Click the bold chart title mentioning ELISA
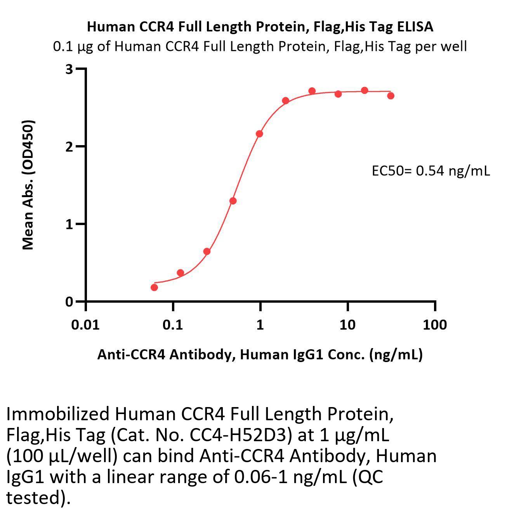[x=260, y=26]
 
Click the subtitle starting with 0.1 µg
[x=260, y=47]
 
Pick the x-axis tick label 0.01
[x=85, y=324]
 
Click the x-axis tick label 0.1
[x=173, y=324]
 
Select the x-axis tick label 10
[x=347, y=324]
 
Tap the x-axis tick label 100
[x=434, y=324]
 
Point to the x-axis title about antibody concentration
[x=260, y=354]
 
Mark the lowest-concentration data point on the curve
[x=154, y=287]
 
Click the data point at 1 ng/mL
[x=259, y=134]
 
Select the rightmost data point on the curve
[x=391, y=95]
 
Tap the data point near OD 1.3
[x=233, y=201]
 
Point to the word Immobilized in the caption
[x=58, y=414]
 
